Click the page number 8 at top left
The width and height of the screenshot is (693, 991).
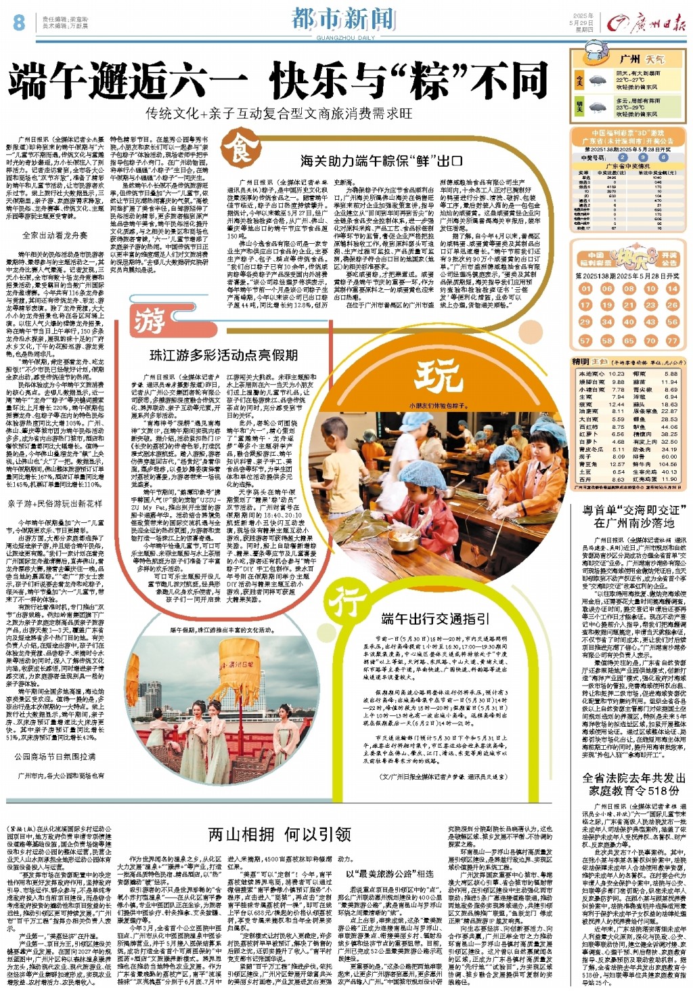(18, 22)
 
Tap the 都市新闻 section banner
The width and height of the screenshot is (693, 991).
(342, 18)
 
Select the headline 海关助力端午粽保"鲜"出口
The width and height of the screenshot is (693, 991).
(382, 161)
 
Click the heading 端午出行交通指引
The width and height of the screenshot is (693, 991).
(435, 618)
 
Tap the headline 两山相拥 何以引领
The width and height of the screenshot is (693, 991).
(280, 835)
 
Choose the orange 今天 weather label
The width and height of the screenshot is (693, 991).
(579, 80)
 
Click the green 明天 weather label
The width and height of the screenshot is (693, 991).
(579, 107)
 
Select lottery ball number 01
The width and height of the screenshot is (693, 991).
(585, 289)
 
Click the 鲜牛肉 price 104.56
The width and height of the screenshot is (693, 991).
(669, 464)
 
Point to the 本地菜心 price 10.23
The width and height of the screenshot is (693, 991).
(617, 374)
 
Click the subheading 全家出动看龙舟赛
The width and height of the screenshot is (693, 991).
(55, 235)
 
